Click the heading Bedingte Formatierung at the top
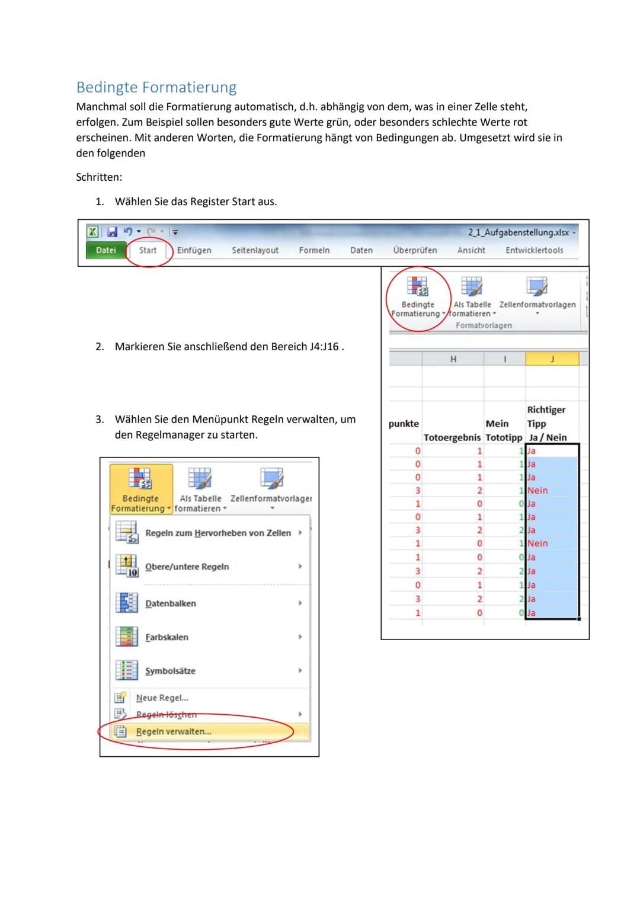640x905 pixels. [x=156, y=87]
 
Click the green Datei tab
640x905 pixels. [x=105, y=250]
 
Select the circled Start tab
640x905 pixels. [x=148, y=250]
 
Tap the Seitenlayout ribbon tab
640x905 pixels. [x=255, y=250]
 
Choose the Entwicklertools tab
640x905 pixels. [x=534, y=250]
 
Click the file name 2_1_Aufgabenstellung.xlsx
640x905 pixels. [x=518, y=232]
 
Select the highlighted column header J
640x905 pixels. [x=552, y=359]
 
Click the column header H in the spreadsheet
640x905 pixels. [x=453, y=359]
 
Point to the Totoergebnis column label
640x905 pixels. [x=452, y=437]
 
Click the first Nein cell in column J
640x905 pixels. [x=537, y=490]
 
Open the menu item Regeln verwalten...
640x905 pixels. [x=173, y=731]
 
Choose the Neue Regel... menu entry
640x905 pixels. [x=162, y=698]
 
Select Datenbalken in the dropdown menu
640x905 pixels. [x=171, y=603]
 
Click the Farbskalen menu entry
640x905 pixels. [x=167, y=637]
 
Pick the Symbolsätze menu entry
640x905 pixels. [x=170, y=671]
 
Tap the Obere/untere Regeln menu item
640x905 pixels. [x=187, y=567]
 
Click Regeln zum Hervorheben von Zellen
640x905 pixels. [x=218, y=533]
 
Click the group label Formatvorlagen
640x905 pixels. [x=484, y=325]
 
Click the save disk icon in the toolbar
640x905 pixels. [x=112, y=232]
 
